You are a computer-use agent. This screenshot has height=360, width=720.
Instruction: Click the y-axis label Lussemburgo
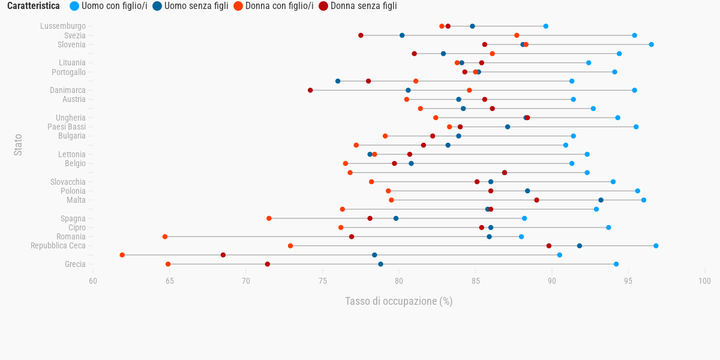tap(63, 26)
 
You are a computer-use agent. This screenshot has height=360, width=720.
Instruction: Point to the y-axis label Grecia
tap(75, 264)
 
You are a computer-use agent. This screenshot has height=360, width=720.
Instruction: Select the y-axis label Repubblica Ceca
tap(58, 246)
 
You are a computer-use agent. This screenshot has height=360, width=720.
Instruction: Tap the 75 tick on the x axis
tap(322, 281)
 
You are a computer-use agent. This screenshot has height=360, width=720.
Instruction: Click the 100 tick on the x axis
tap(705, 281)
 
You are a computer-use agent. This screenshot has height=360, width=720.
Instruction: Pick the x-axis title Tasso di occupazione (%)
tap(398, 301)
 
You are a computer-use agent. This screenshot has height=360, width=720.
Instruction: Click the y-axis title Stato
tap(18, 145)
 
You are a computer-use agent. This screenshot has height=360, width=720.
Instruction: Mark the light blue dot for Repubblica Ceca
tap(656, 246)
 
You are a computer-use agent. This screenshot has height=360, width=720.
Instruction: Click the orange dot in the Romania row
tap(165, 237)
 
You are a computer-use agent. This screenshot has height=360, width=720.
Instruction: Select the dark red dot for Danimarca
tap(310, 91)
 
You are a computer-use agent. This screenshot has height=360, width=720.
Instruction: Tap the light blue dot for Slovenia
tap(651, 44)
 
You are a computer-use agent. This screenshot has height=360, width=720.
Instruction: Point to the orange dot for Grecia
tap(168, 264)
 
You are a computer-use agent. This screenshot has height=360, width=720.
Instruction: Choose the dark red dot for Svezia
tap(361, 35)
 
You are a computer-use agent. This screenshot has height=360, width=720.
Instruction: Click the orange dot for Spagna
tap(269, 218)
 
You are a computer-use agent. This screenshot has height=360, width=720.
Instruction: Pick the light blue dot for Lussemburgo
tap(545, 26)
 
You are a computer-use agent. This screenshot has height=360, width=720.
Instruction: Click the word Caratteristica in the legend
tap(33, 6)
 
